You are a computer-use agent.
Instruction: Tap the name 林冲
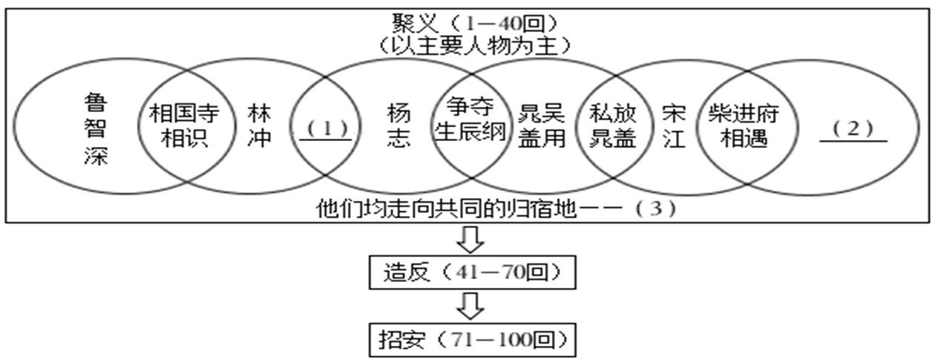[x=261, y=127]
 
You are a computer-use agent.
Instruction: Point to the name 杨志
[x=398, y=127]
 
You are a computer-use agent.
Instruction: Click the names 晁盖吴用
[x=542, y=127]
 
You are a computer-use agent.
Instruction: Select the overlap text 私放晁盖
[x=613, y=127]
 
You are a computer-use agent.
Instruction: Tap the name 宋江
[x=674, y=127]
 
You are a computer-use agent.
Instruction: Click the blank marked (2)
[x=853, y=129]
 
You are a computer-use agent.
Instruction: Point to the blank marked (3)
[x=657, y=209]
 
